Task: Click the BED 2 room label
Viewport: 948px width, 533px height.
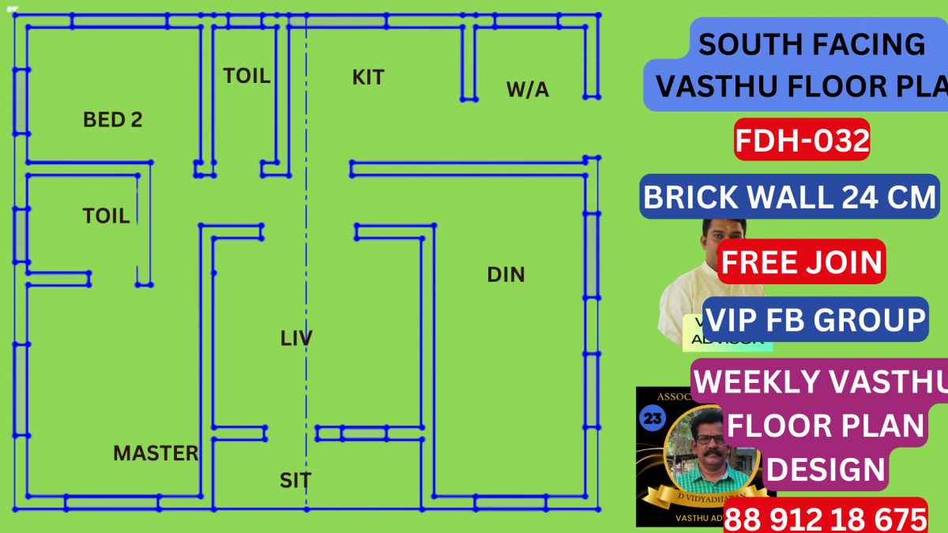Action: click(113, 120)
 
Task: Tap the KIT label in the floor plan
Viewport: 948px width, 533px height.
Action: click(368, 77)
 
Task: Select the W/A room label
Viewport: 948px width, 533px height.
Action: click(528, 90)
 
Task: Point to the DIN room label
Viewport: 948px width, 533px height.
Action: click(506, 275)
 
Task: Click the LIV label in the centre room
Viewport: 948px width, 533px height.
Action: click(296, 339)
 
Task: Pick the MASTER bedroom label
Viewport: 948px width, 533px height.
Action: click(156, 453)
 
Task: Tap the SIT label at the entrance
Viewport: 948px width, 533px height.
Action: click(295, 480)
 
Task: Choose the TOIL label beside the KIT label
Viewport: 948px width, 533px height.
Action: click(246, 76)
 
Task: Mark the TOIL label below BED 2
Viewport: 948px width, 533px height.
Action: click(106, 216)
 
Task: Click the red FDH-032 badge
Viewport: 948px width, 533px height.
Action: click(802, 141)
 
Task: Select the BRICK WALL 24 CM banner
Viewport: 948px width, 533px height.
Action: click(790, 197)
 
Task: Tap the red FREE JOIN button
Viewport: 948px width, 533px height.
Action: click(802, 261)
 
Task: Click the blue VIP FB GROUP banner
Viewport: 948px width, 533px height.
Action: click(814, 320)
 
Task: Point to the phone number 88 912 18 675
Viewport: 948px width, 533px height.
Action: click(825, 519)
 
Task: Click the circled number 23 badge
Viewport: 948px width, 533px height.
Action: click(654, 419)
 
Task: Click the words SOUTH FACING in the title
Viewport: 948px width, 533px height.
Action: click(811, 44)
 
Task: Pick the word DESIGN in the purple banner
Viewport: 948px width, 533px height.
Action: click(825, 470)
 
